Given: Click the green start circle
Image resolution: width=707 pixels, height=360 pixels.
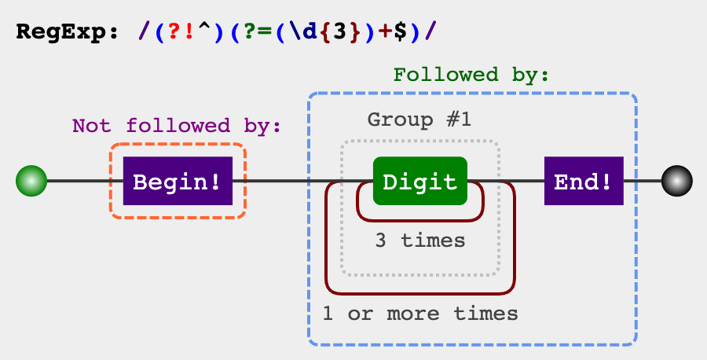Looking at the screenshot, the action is pyautogui.click(x=31, y=182).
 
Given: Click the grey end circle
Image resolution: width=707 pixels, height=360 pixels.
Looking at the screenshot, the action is pyautogui.click(x=677, y=182).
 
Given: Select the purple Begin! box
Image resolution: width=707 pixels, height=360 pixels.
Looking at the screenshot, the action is pyautogui.click(x=178, y=182).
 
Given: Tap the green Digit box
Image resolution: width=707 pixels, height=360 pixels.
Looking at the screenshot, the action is pyautogui.click(x=419, y=182).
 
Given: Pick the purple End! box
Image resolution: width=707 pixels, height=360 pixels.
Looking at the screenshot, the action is pyautogui.click(x=583, y=182).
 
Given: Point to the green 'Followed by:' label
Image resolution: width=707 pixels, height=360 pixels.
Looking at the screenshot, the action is pyautogui.click(x=471, y=75).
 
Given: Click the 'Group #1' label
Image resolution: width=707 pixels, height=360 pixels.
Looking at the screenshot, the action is pyautogui.click(x=419, y=120).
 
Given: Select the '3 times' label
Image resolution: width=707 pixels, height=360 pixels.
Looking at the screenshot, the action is pyautogui.click(x=419, y=240).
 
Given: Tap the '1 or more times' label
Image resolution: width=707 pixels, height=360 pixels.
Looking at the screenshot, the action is pyautogui.click(x=420, y=314).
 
